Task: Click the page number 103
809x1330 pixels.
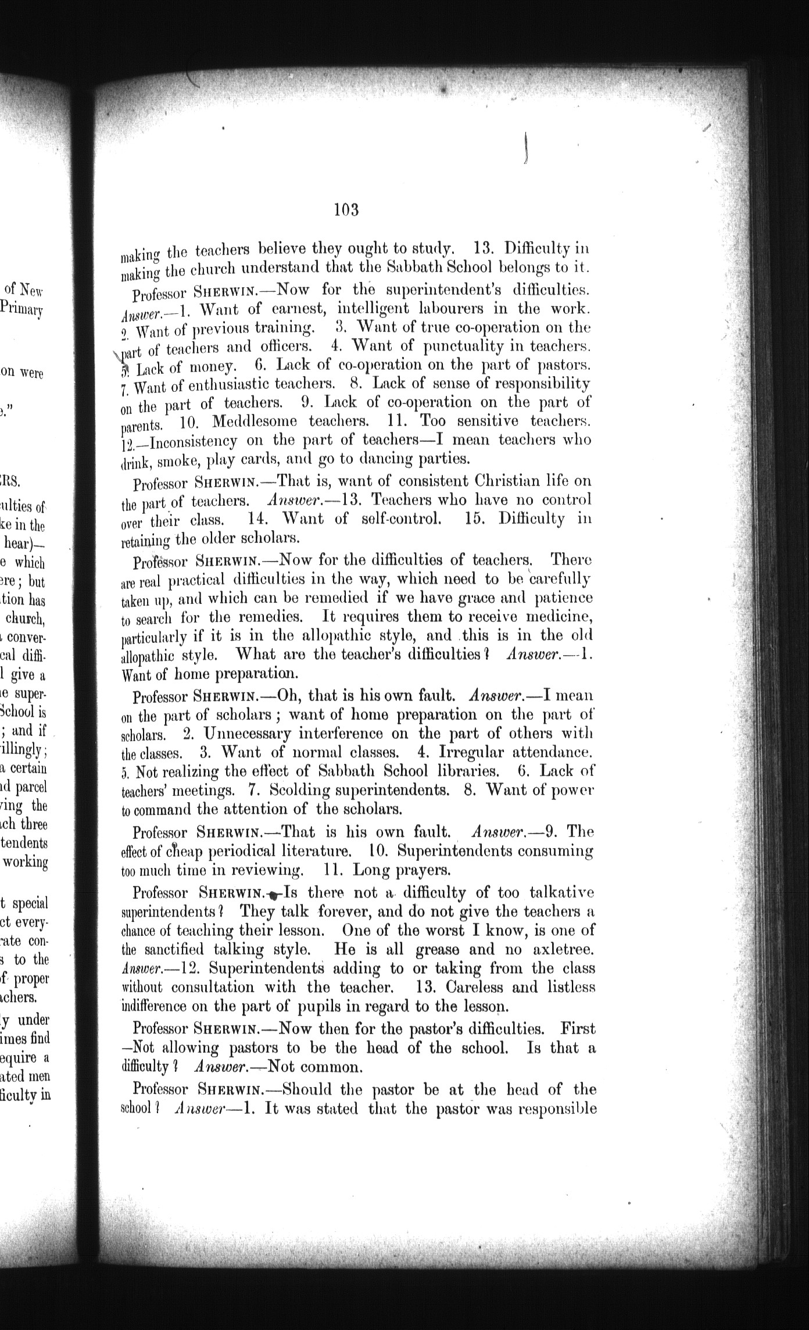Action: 347,209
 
